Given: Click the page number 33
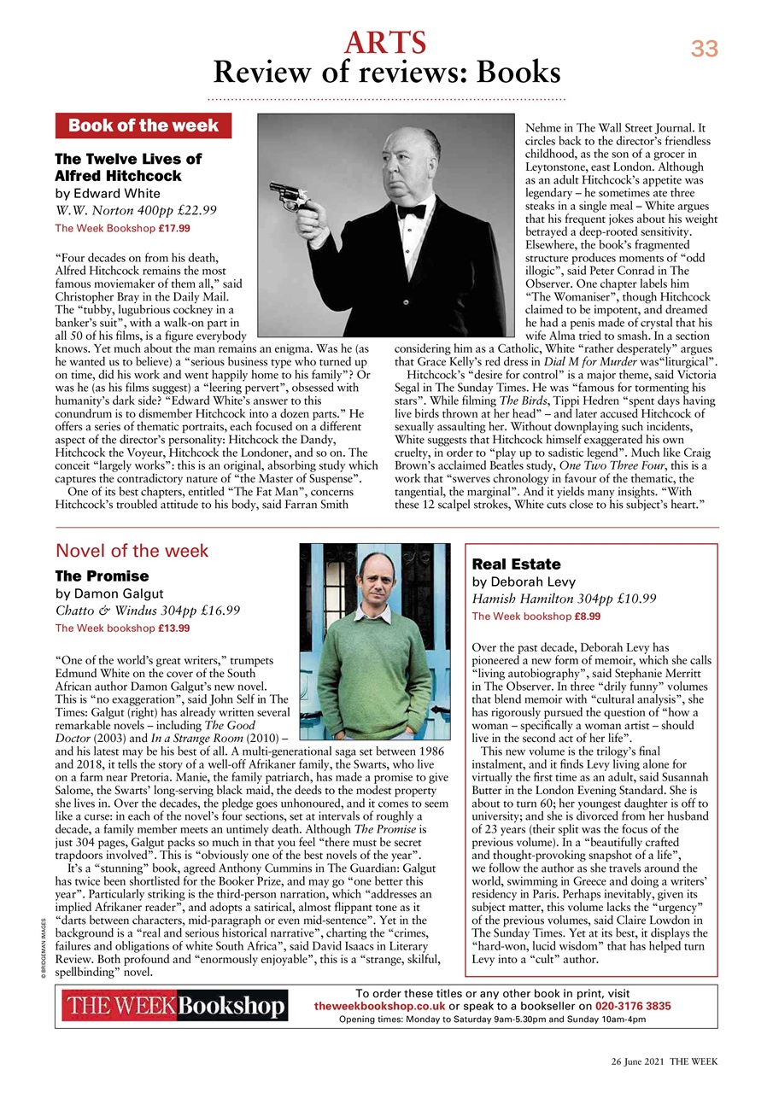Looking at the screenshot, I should click(x=705, y=50).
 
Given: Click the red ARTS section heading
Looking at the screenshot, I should click(x=385, y=42).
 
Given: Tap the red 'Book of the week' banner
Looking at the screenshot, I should click(x=143, y=126).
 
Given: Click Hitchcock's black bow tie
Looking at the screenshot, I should click(x=412, y=210).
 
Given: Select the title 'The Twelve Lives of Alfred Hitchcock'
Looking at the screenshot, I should click(x=128, y=167).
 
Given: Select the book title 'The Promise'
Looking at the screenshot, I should click(x=102, y=576).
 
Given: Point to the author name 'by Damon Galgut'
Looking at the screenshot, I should click(x=108, y=593).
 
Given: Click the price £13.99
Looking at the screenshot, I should click(x=173, y=628).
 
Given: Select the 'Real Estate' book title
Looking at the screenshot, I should click(x=516, y=564).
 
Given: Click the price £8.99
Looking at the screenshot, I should click(x=588, y=616).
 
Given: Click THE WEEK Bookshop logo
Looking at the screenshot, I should click(x=174, y=1007).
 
